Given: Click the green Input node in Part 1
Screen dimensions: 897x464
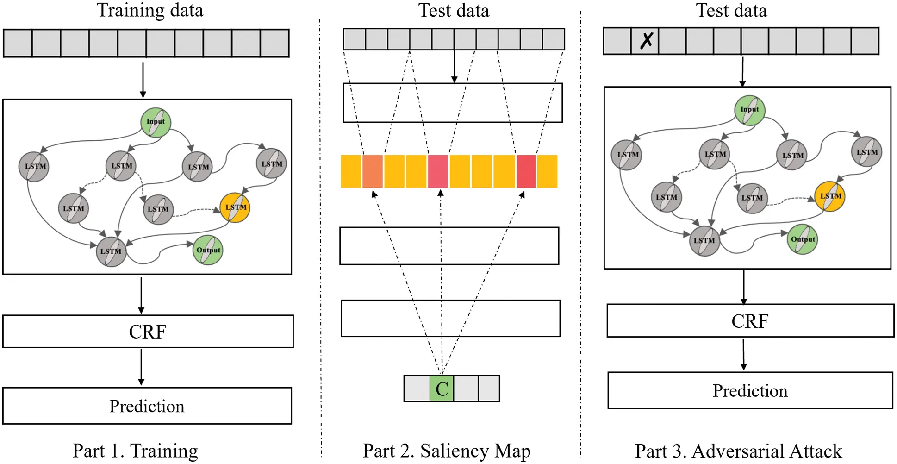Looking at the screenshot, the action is tap(156, 122).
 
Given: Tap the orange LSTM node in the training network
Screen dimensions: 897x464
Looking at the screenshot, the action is tap(235, 207).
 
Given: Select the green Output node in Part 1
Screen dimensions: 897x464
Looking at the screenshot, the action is tap(208, 250).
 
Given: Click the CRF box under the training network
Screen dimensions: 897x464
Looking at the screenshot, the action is tap(148, 332).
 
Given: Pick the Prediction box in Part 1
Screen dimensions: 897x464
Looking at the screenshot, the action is tap(147, 406).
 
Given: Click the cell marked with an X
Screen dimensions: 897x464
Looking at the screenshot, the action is tap(645, 41).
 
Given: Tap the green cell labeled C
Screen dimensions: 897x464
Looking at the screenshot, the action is tap(442, 389).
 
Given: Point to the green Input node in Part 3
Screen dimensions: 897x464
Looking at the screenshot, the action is tap(749, 110).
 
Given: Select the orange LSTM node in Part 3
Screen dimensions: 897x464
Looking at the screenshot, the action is tap(830, 196).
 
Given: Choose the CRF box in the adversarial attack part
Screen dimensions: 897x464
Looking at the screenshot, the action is tap(750, 320).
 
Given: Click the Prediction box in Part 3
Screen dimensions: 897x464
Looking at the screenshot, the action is tap(750, 390).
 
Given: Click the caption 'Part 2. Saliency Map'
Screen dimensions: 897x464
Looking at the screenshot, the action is tap(446, 451).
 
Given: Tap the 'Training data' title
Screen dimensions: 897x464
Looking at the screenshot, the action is tap(150, 10).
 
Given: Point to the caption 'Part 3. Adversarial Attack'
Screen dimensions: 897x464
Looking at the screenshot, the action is tap(738, 451).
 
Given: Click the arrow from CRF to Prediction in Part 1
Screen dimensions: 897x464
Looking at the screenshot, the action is tap(141, 367).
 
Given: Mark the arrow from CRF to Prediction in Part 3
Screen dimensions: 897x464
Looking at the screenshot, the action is tap(744, 354).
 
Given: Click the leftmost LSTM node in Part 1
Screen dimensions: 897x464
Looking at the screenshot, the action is tap(34, 167).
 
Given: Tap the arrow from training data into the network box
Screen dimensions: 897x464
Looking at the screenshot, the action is tap(143, 80).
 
